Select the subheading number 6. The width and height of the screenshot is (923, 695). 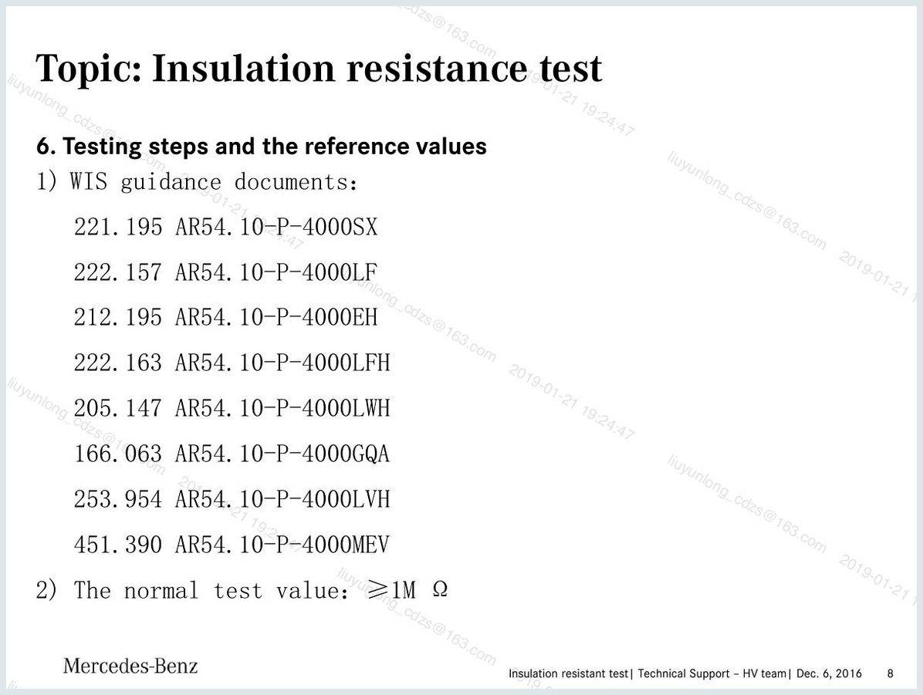[x=45, y=147]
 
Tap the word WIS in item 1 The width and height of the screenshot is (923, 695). [x=89, y=181]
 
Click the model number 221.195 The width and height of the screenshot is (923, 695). [x=118, y=227]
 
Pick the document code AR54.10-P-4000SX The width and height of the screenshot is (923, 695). [x=276, y=227]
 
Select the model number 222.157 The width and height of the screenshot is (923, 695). [x=118, y=272]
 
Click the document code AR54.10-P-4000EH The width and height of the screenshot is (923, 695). [x=276, y=317]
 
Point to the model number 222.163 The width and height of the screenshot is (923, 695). [x=118, y=363]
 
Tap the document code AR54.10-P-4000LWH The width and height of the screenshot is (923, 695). [x=282, y=408]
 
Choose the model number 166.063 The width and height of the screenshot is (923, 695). [x=118, y=454]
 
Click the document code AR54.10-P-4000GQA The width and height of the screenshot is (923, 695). [x=282, y=454]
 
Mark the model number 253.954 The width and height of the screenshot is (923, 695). [x=118, y=499]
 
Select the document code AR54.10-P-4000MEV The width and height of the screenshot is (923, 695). [x=282, y=545]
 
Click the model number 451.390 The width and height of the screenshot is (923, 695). [x=118, y=545]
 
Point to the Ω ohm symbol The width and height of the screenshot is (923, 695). [x=440, y=589]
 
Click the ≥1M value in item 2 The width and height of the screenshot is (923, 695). [x=391, y=589]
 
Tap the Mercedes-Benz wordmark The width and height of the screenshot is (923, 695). [x=130, y=666]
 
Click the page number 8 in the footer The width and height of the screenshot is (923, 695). [x=890, y=673]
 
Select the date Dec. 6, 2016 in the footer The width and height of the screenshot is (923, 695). [x=829, y=673]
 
